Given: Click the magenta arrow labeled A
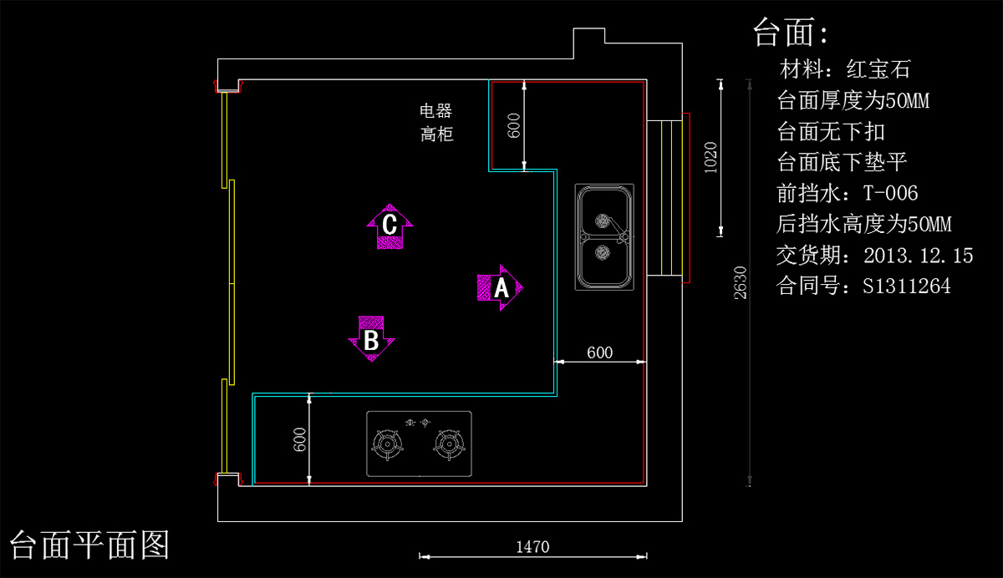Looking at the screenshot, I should (501, 288).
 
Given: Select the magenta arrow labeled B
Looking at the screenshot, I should (371, 338).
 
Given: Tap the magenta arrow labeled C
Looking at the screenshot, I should (389, 226).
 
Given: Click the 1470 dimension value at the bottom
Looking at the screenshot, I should (532, 547).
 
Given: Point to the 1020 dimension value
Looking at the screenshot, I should (710, 157).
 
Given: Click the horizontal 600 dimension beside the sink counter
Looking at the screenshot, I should (599, 352).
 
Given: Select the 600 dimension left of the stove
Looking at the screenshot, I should (300, 439).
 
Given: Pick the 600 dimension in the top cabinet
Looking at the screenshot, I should (515, 125).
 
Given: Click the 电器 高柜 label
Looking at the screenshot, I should (436, 122).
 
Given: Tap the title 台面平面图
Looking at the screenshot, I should (89, 545).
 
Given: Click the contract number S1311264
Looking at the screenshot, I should (907, 286).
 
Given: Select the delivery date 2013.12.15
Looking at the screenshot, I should (919, 256).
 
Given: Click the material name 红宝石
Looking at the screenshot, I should (878, 68).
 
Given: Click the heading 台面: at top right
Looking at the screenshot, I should (791, 33).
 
